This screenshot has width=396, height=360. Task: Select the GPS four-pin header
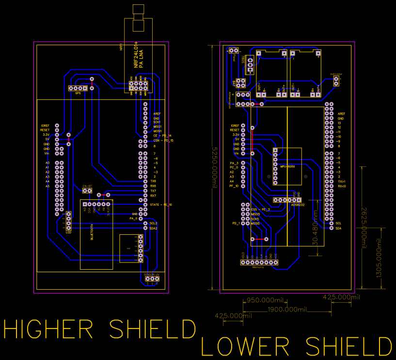coord(78,88)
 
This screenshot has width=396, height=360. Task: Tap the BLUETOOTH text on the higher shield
coord(92,232)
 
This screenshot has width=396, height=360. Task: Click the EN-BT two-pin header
coord(87,191)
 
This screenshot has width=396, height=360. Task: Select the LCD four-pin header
coord(68,221)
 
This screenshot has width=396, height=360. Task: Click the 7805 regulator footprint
coord(250,63)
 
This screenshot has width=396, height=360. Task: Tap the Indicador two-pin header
coord(336,81)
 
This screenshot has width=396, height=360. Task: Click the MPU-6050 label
coord(287,166)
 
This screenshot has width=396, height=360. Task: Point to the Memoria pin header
coord(259,262)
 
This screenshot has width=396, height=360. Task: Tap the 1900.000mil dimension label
coord(288,310)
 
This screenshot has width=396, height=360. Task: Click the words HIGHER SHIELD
coord(99,329)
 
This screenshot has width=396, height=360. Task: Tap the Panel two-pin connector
coord(233,50)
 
